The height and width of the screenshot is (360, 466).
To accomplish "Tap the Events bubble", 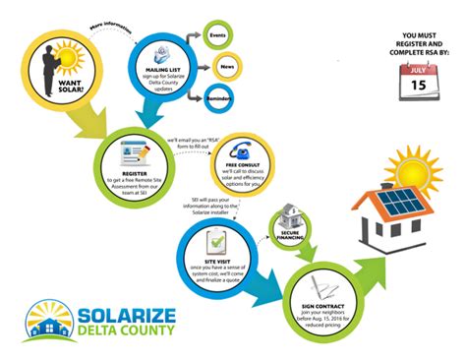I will tap(219, 36).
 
